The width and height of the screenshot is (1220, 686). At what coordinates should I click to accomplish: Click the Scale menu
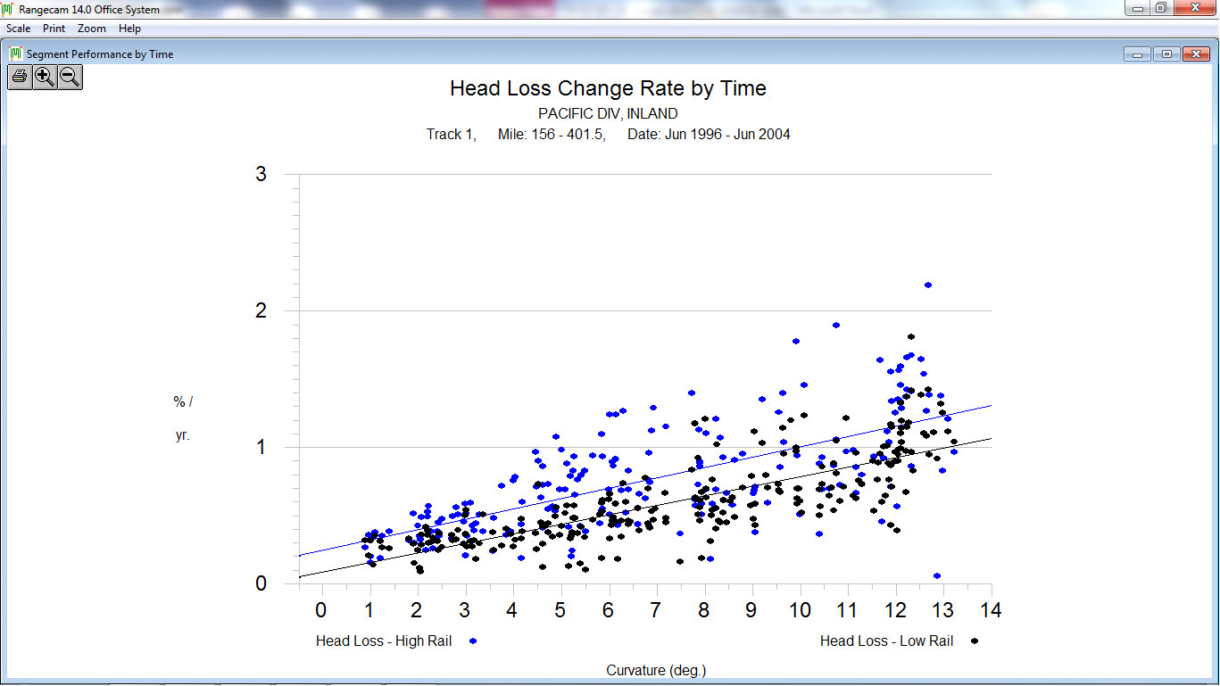[18, 29]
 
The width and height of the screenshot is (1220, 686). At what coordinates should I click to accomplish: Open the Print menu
[54, 29]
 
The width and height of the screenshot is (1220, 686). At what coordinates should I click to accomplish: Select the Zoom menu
[92, 29]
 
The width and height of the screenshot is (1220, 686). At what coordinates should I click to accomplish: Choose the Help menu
[129, 29]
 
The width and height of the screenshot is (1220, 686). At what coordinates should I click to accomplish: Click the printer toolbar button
[20, 77]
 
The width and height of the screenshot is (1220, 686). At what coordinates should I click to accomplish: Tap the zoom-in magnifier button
[45, 77]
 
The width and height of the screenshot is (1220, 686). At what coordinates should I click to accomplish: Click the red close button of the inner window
[1196, 54]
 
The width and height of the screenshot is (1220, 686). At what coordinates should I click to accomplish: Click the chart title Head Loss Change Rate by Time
[608, 88]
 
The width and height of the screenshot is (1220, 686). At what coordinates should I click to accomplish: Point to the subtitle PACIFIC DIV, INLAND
[608, 114]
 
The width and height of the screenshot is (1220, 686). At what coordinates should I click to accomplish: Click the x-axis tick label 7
[656, 610]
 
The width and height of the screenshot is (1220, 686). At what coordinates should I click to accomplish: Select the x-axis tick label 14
[991, 610]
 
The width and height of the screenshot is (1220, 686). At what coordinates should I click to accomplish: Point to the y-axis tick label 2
[261, 310]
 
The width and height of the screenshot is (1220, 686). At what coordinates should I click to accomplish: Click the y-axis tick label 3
[261, 174]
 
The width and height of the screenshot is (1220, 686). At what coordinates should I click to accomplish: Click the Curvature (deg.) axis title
[656, 670]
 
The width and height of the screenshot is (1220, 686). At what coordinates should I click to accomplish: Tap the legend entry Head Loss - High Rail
[384, 641]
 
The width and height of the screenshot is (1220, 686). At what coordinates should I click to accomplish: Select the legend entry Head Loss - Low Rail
[887, 641]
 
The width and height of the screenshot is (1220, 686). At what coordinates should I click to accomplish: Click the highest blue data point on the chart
[928, 285]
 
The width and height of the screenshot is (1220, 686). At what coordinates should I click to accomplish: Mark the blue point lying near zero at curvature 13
[937, 575]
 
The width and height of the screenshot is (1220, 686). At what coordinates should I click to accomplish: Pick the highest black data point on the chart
[911, 336]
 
